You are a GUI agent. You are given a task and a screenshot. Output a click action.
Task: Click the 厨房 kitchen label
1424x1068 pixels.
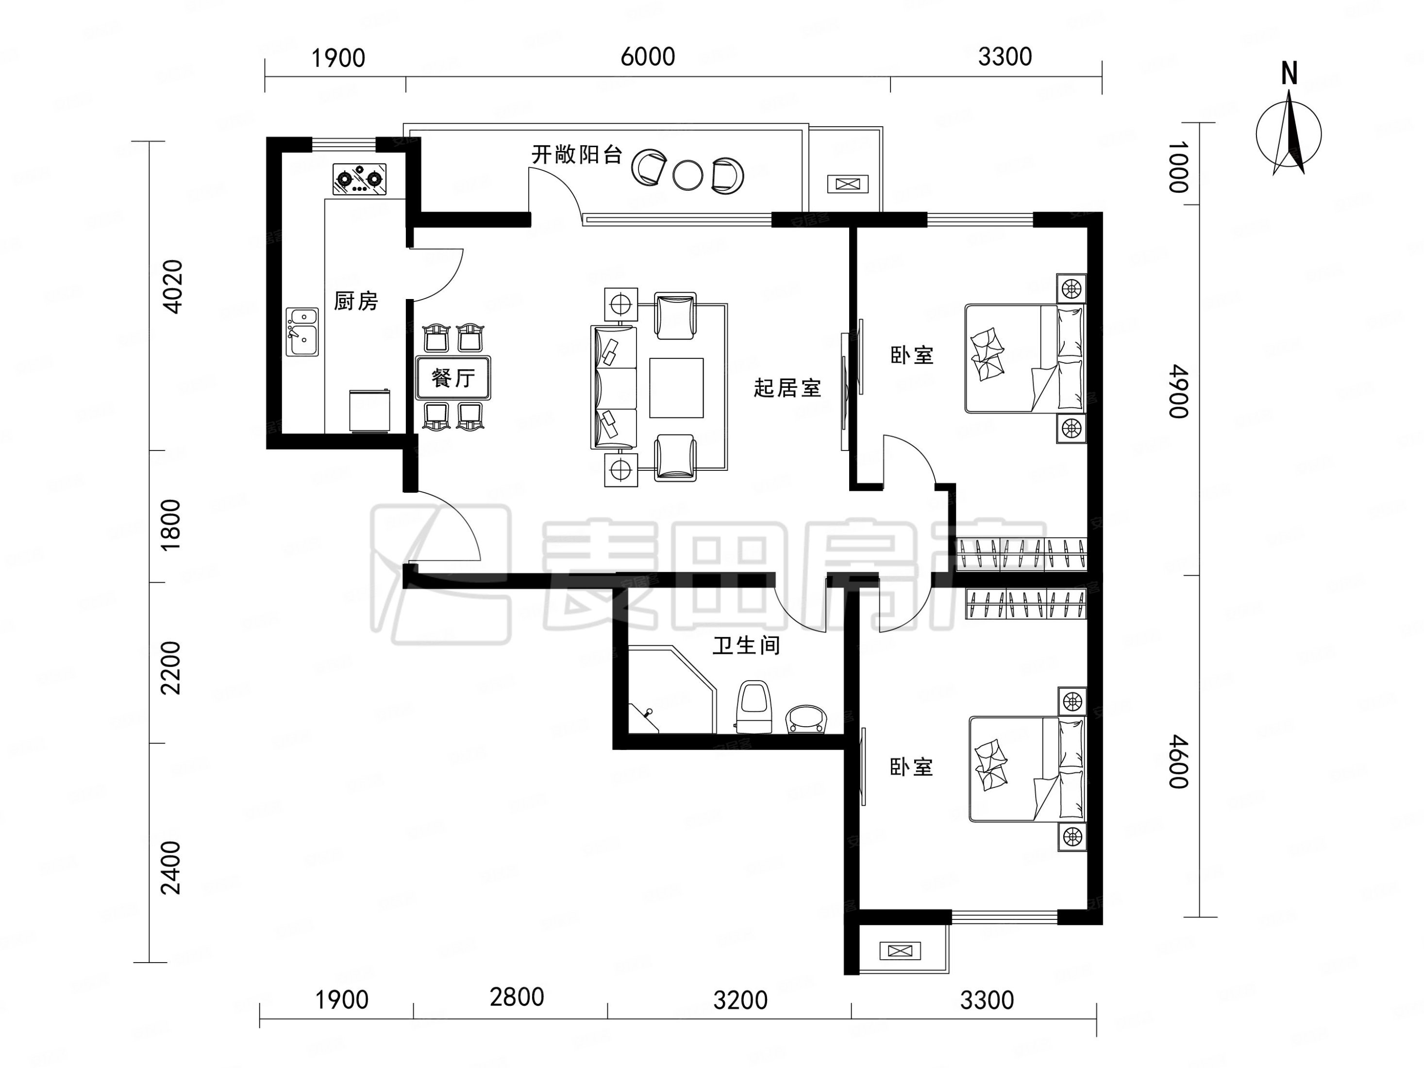point(356,300)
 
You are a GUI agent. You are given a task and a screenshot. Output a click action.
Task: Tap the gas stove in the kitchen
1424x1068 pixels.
point(360,178)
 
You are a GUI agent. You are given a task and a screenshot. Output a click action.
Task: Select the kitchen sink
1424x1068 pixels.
point(302,332)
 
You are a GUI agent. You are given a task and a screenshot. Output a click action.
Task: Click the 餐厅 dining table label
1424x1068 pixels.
point(453,378)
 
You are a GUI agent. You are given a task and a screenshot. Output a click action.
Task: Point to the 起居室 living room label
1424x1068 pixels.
point(787,388)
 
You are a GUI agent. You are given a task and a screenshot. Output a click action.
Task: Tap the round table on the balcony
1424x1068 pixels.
point(688,174)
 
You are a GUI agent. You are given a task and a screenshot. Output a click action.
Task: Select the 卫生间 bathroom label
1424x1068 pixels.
point(747,645)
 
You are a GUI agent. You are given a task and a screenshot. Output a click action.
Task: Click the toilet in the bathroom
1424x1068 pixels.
point(754,707)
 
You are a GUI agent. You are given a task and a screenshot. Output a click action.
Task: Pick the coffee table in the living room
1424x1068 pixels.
point(676,387)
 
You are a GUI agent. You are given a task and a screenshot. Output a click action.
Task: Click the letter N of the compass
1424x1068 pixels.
point(1289,74)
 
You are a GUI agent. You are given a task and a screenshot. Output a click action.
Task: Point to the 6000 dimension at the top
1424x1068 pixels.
point(648,57)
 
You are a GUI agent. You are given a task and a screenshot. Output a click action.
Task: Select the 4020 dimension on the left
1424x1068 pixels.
point(172,286)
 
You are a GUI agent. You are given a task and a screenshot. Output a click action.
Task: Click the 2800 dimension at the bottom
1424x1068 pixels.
point(517,997)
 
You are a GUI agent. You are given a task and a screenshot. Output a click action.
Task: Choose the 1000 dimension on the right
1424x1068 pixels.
point(1179,167)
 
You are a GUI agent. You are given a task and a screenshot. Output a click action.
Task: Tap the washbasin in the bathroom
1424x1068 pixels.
point(806,719)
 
